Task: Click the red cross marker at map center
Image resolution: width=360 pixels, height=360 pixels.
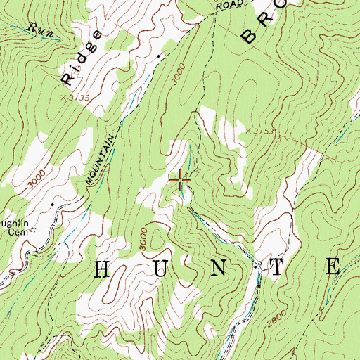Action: pos(181,181)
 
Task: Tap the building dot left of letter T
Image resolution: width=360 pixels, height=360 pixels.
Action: pos(259,264)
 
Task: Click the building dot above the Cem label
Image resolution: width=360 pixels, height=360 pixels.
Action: pos(52,205)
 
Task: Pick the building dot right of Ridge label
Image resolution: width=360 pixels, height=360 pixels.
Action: pos(160,56)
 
